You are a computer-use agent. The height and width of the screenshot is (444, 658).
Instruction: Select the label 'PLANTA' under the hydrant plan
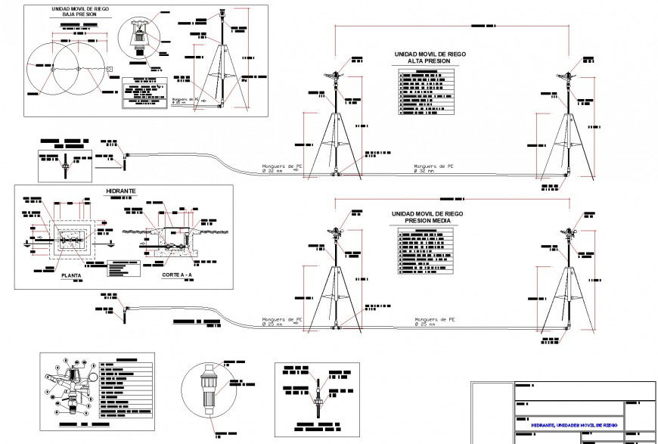[73, 276]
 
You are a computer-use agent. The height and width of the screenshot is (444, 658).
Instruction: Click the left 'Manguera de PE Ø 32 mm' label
[282, 168]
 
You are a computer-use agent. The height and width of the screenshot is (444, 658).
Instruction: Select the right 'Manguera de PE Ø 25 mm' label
[435, 321]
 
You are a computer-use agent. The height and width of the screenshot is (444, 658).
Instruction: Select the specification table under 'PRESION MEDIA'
[425, 250]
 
